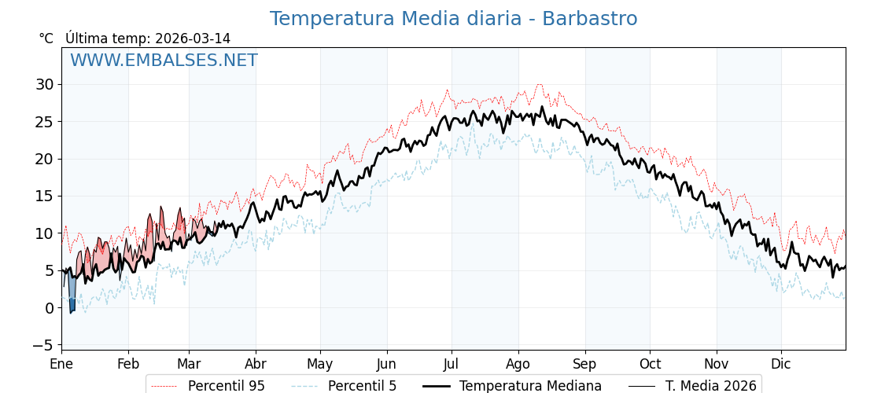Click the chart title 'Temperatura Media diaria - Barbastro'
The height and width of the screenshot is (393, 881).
(x=453, y=19)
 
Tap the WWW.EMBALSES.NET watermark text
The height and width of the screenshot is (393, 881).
(x=164, y=61)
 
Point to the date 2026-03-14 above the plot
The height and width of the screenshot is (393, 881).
(x=193, y=39)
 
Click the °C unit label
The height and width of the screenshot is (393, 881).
(x=46, y=39)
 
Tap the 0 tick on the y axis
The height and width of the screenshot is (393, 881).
(x=50, y=308)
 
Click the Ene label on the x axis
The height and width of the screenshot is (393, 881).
(x=61, y=364)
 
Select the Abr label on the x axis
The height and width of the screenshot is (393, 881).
(x=256, y=364)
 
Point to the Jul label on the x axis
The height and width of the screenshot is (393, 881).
(x=452, y=364)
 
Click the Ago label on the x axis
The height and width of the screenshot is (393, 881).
(x=518, y=364)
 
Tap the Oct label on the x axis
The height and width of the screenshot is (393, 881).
(x=650, y=364)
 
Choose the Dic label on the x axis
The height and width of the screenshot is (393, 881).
(x=781, y=364)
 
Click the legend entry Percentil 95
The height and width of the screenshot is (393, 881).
(x=226, y=386)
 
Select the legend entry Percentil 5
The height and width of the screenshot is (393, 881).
(x=362, y=386)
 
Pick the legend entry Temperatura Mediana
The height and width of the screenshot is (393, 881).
(x=530, y=386)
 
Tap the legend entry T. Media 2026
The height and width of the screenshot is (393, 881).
(x=710, y=386)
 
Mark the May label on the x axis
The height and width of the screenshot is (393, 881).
(x=320, y=364)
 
